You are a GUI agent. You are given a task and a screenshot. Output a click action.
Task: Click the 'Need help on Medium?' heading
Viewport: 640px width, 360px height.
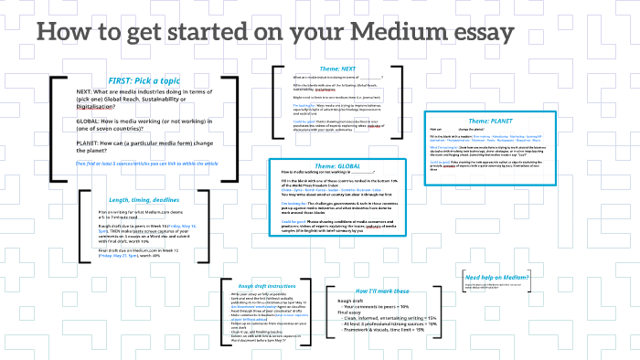[498, 277]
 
